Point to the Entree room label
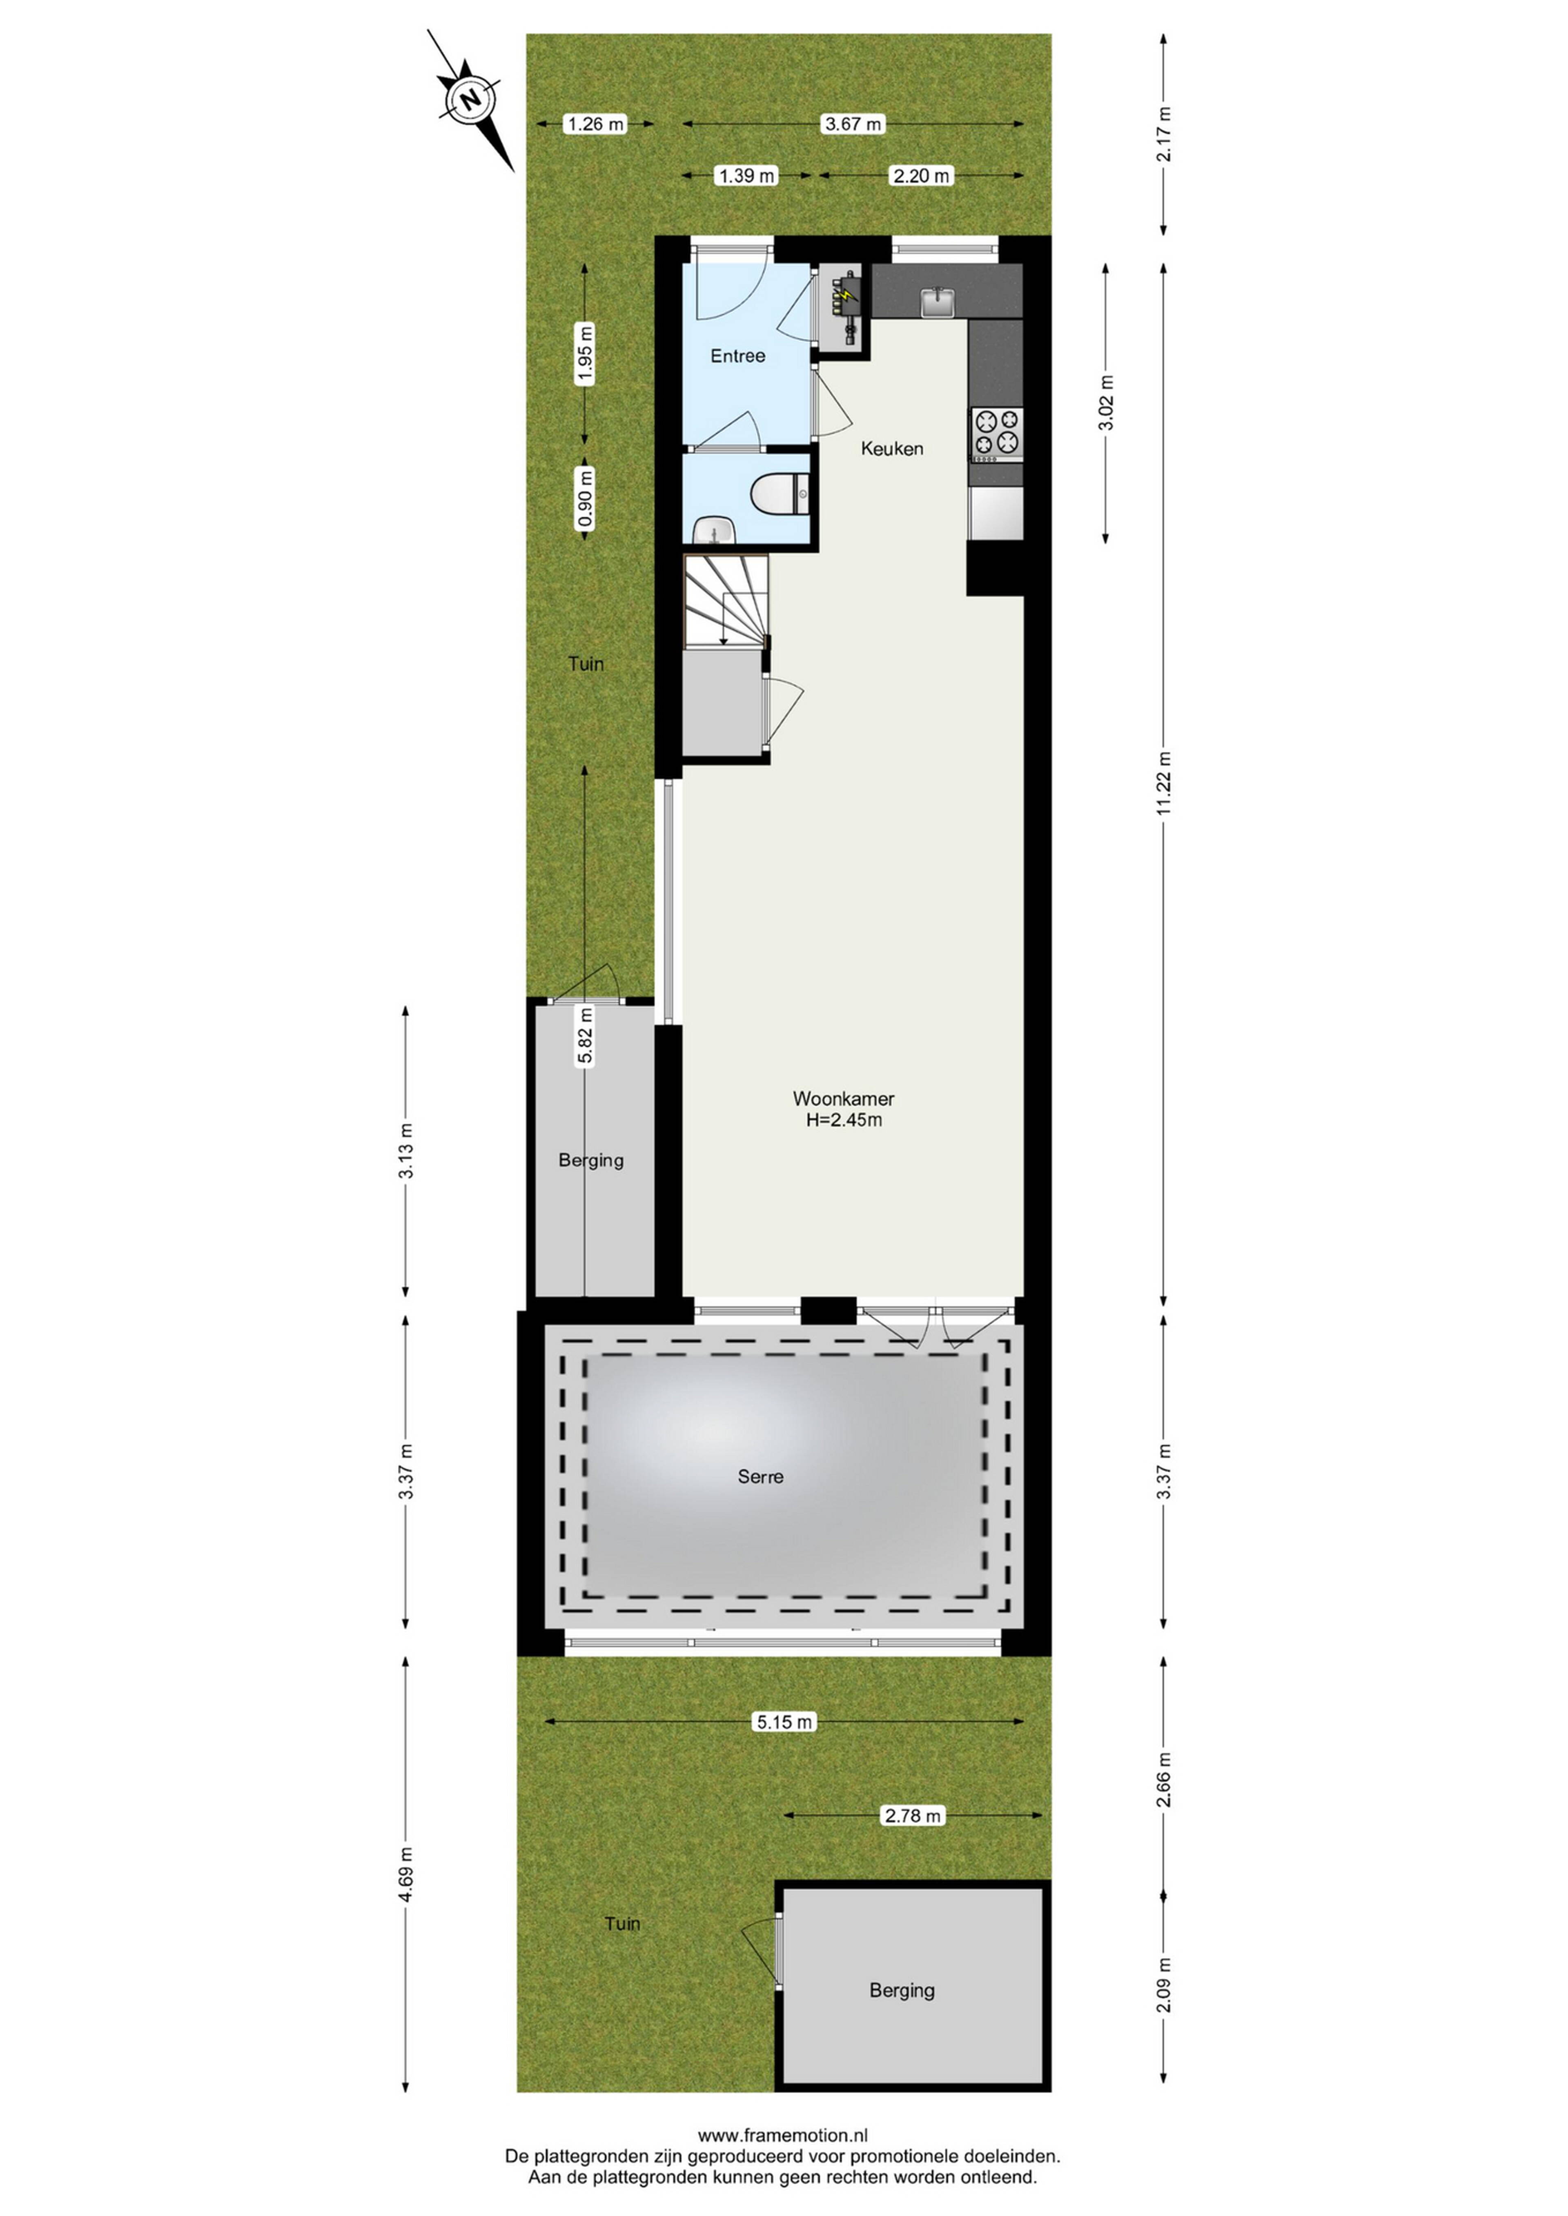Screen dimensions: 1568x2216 [x=738, y=356]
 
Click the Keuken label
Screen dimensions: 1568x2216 [x=892, y=449]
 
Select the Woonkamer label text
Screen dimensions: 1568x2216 [x=843, y=1098]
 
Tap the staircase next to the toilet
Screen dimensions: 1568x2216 [x=726, y=601]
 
